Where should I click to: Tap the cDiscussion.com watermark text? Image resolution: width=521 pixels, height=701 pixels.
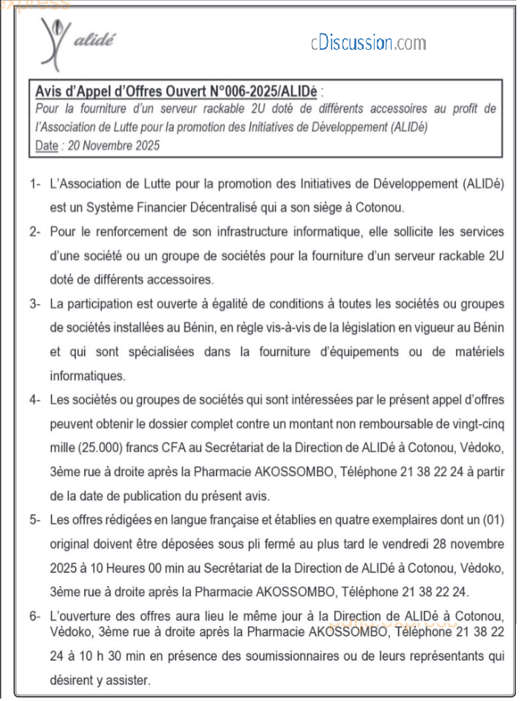[367, 42]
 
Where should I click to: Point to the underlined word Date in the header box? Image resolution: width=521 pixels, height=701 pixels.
[46, 145]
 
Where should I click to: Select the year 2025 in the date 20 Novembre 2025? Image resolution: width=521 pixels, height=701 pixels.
[144, 145]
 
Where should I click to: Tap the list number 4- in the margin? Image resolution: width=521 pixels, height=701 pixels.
[36, 400]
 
